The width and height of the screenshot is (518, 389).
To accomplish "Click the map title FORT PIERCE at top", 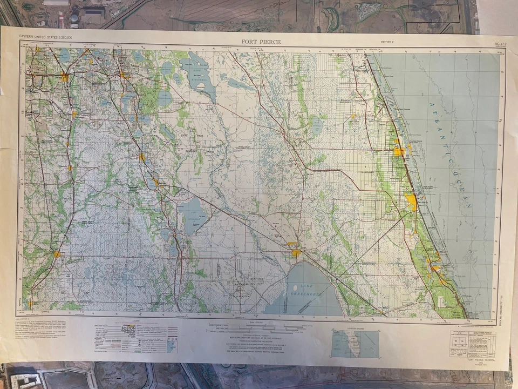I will [261, 42].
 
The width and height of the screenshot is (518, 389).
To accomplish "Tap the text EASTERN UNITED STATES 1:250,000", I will [46, 37].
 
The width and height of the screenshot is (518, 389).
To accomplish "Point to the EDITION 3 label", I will [387, 42].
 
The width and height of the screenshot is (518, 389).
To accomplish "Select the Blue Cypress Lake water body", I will [317, 126].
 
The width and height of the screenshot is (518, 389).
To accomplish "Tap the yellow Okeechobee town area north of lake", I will [296, 252].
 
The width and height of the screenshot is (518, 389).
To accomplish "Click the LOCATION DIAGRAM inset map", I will [355, 344].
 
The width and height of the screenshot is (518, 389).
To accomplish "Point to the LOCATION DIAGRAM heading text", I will [355, 328].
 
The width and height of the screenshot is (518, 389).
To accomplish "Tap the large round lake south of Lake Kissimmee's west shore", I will [165, 98].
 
